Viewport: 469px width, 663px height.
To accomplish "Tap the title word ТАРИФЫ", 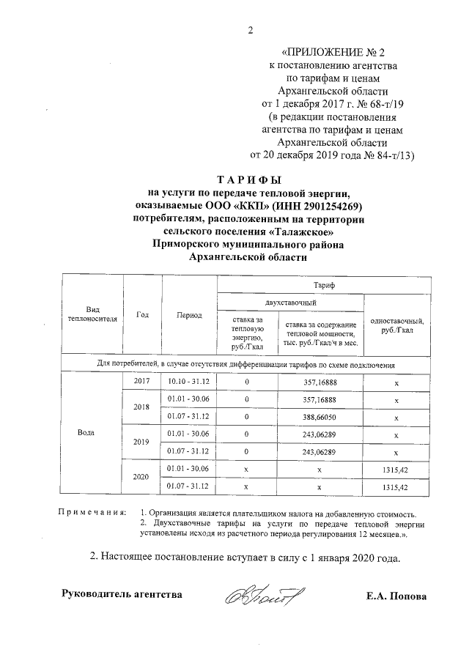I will coord(249,179).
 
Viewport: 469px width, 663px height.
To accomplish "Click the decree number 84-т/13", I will coord(392,155).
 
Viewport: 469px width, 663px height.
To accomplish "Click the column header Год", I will coord(143,314).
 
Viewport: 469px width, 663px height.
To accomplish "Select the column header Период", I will coord(189,314).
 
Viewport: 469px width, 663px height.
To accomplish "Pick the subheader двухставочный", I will coord(289,301).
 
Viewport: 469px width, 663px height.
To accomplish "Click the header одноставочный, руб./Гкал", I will coord(396,326).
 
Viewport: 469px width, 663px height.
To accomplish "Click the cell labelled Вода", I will coord(86,431).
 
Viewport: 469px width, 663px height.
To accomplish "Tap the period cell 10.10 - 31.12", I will coord(189,382).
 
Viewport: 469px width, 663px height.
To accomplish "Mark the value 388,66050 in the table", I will coord(320,416).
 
